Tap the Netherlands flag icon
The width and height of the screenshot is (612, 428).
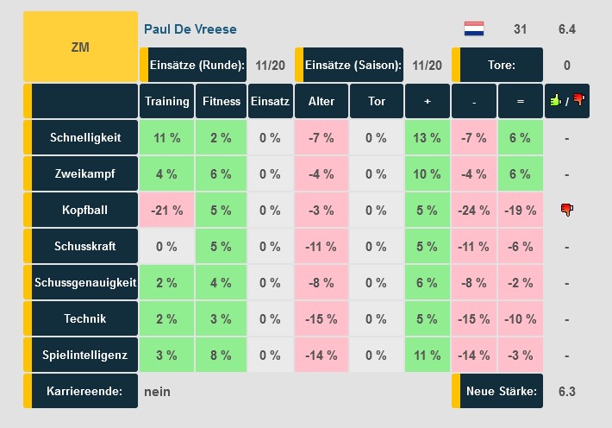pyautogui.click(x=474, y=29)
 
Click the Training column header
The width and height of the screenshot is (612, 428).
pyautogui.click(x=166, y=101)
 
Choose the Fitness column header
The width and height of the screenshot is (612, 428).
pyautogui.click(x=222, y=101)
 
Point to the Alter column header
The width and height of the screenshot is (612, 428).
pyautogui.click(x=321, y=101)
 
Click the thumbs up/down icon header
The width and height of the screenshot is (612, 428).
pyautogui.click(x=566, y=101)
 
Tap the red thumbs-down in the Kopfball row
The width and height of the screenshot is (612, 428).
pyautogui.click(x=566, y=210)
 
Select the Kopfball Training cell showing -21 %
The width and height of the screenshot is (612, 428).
pyautogui.click(x=166, y=210)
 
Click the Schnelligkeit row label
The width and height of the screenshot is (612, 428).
pyautogui.click(x=84, y=137)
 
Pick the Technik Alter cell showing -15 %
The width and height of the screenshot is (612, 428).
pyautogui.click(x=321, y=318)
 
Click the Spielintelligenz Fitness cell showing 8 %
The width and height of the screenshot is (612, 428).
pyautogui.click(x=222, y=355)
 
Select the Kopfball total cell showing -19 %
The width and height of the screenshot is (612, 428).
pyautogui.click(x=520, y=210)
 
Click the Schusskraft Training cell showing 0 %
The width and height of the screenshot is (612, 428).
pyautogui.click(x=166, y=246)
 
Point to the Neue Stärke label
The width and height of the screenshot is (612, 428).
pyautogui.click(x=501, y=391)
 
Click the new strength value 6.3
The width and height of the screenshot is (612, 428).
pyautogui.click(x=566, y=391)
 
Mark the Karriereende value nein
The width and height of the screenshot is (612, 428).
pyautogui.click(x=158, y=391)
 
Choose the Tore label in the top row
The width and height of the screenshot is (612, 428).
pyautogui.click(x=501, y=65)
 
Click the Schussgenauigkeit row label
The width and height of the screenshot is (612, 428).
pyautogui.click(x=84, y=282)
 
